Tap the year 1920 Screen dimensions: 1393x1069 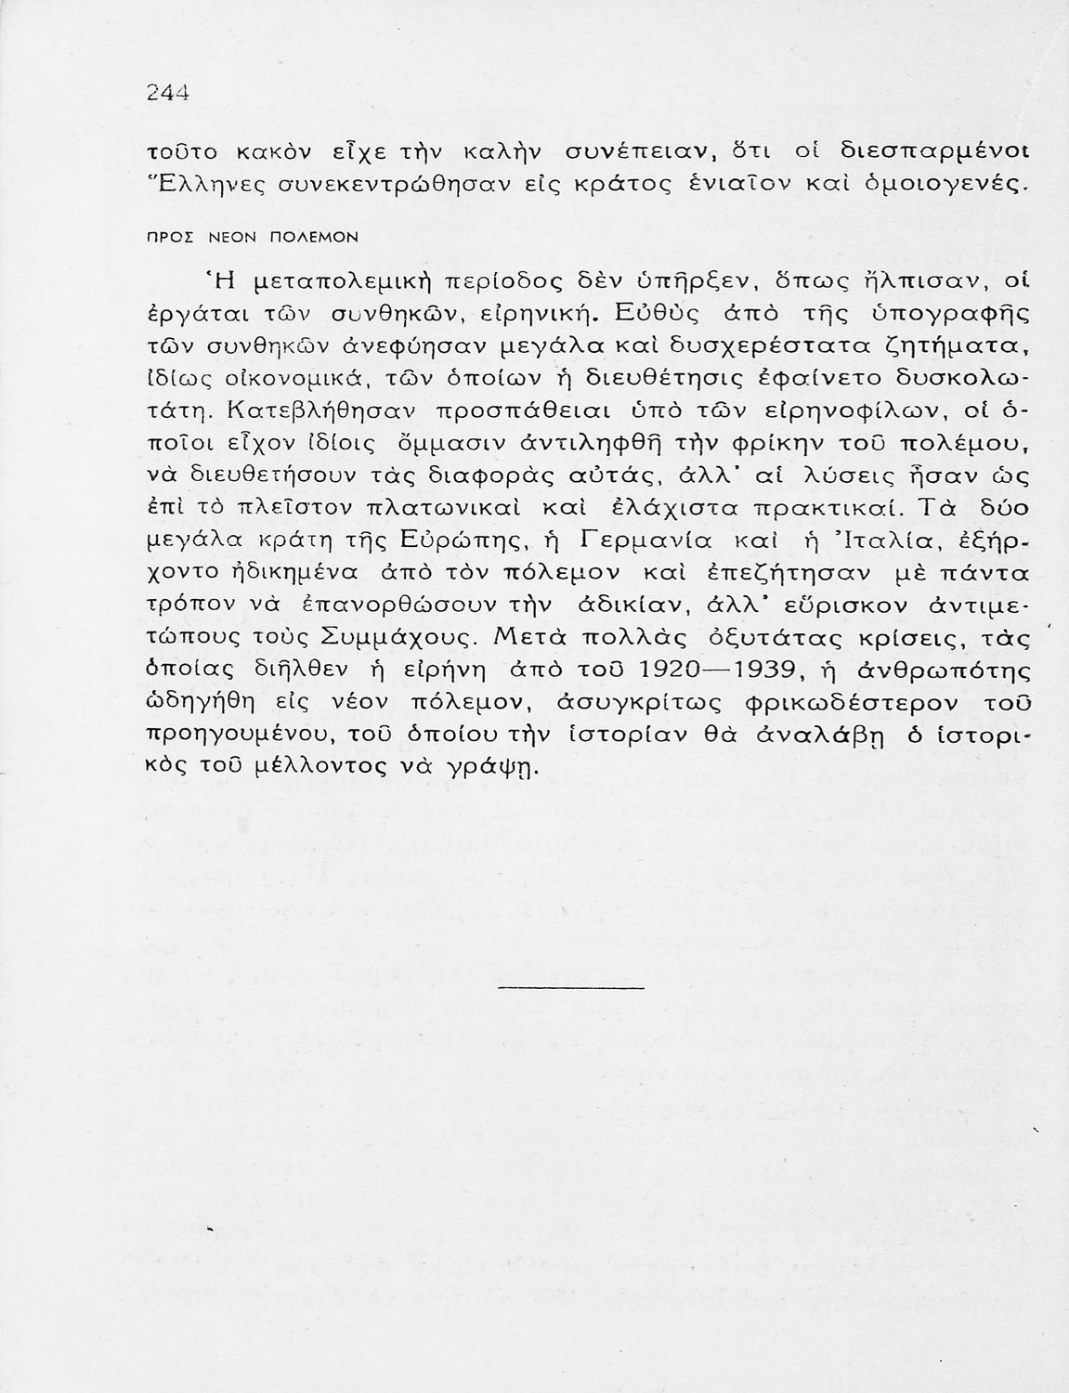676,670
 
